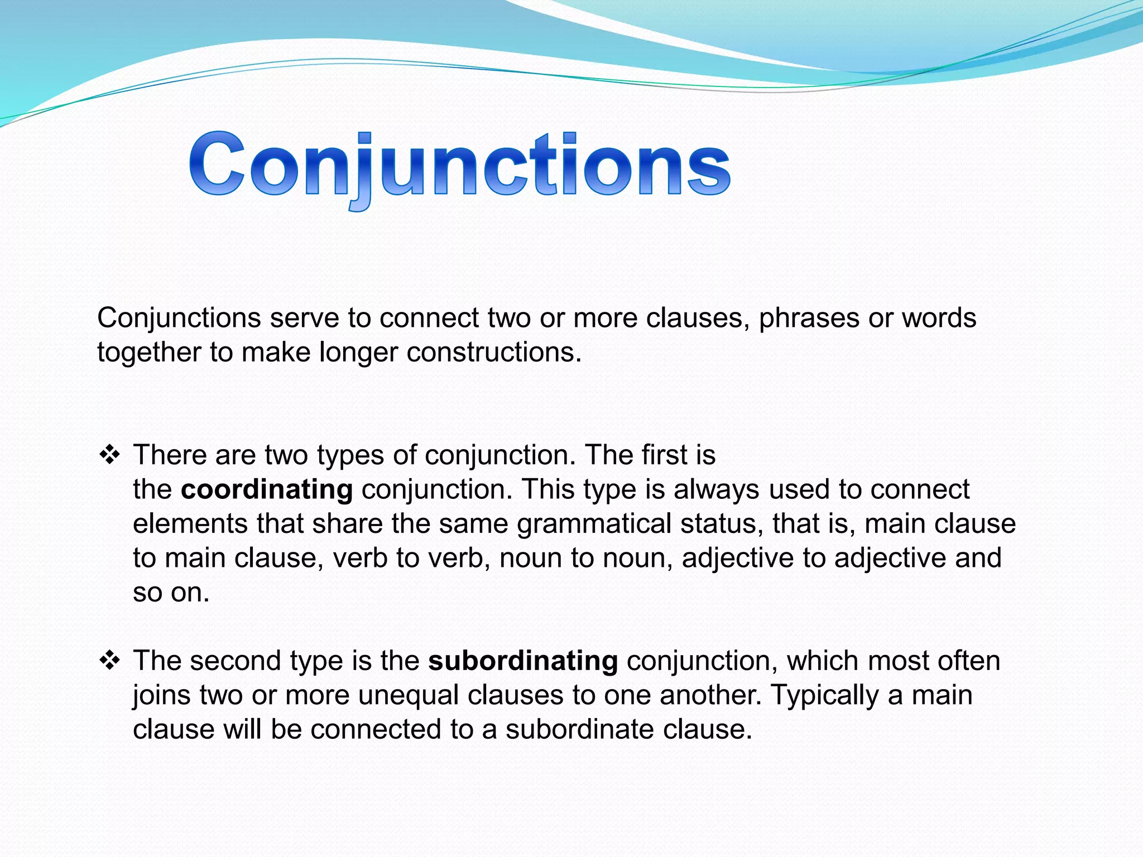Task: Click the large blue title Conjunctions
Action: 459,167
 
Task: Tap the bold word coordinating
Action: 267,490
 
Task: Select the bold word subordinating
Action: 523,661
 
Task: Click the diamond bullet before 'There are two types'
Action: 109,455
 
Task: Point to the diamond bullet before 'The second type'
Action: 109,661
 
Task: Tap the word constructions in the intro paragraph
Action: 493,353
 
